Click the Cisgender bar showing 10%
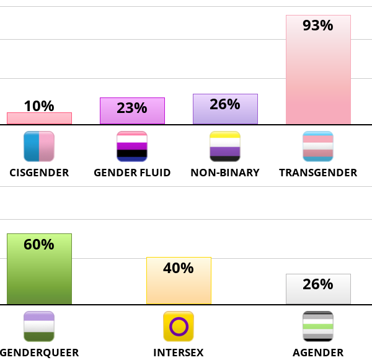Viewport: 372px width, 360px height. coord(39,118)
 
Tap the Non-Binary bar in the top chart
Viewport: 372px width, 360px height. coord(225,109)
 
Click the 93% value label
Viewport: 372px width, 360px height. coord(318,25)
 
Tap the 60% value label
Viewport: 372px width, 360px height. coord(39,244)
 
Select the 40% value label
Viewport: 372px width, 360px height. coord(179,268)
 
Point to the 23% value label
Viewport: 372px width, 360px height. coord(132,108)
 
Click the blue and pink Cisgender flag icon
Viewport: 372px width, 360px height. coord(39,146)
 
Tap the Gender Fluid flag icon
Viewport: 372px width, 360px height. coord(132,146)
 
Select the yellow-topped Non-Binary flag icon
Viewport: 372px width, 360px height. coord(225,146)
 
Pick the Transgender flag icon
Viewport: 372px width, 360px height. coord(318,146)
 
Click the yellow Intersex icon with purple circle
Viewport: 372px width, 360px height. coord(179,326)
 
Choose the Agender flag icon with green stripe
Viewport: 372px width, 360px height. coord(318,326)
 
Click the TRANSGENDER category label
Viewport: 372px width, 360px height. coord(318,173)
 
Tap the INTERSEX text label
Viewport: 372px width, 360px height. coord(179,353)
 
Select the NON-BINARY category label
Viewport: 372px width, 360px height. coord(225,173)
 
